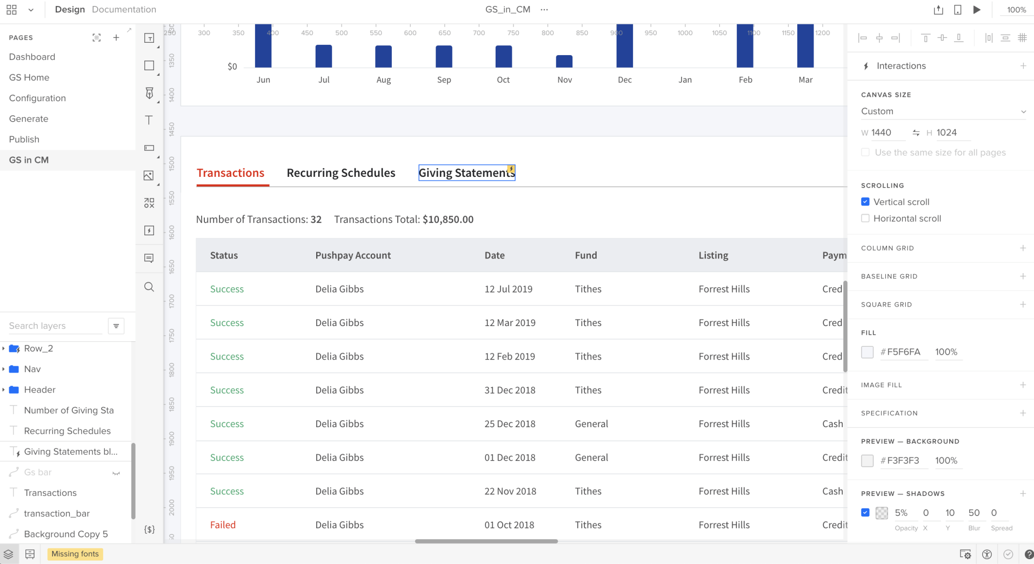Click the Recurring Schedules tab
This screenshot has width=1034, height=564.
coord(341,173)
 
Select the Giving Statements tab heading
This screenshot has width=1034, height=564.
coord(466,173)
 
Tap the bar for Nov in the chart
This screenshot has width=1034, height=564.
coord(564,61)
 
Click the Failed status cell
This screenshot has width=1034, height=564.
coord(223,525)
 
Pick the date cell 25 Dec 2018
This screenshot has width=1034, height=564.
coord(510,424)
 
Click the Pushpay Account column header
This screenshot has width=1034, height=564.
coord(353,255)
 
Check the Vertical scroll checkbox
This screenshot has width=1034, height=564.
coord(865,202)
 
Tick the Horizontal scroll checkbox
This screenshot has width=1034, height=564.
coord(865,218)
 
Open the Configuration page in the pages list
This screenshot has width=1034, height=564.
coord(37,98)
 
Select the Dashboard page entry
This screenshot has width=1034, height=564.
coord(32,57)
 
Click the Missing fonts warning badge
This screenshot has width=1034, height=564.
coord(75,554)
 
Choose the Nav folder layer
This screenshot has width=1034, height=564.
coord(32,369)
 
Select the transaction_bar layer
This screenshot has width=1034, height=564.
coord(57,513)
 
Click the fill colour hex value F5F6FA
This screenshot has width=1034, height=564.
coord(903,352)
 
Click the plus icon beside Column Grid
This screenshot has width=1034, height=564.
coord(1023,248)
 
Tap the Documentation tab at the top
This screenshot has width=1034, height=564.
coord(124,9)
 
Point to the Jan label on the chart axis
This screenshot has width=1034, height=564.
coord(685,80)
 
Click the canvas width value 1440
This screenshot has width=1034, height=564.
coord(881,132)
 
